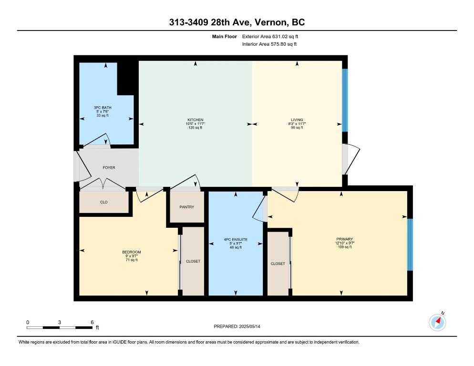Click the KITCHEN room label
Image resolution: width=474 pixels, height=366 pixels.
pyautogui.click(x=196, y=120)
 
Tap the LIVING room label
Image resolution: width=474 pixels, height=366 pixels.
pyautogui.click(x=297, y=120)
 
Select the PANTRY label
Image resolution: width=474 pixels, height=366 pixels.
pyautogui.click(x=186, y=207)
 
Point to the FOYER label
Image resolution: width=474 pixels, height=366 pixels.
pyautogui.click(x=109, y=168)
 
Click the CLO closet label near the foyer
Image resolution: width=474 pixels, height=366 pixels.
pyautogui.click(x=103, y=202)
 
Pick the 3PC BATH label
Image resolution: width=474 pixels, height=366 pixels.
pyautogui.click(x=103, y=108)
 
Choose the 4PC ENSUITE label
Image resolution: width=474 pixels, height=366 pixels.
pyautogui.click(x=236, y=240)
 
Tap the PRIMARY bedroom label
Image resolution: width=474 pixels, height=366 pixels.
pyautogui.click(x=345, y=239)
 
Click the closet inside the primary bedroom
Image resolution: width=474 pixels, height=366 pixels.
pyautogui.click(x=278, y=264)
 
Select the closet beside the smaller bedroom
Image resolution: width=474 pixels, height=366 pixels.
pyautogui.click(x=193, y=261)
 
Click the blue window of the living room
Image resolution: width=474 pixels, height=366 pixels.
pyautogui.click(x=345, y=101)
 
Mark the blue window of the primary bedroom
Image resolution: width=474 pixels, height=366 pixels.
pyautogui.click(x=410, y=245)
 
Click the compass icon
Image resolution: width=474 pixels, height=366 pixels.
pyautogui.click(x=437, y=322)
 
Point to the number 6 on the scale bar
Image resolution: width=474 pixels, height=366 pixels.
pyautogui.click(x=92, y=323)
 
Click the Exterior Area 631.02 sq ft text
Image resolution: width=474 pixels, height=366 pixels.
pyautogui.click(x=270, y=37)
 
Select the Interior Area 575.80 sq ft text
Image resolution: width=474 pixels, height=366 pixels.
pyautogui.click(x=269, y=44)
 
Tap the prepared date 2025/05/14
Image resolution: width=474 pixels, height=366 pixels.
pyautogui.click(x=249, y=326)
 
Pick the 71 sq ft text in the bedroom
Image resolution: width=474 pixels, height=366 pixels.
pyautogui.click(x=132, y=260)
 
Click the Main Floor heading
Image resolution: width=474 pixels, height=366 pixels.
pyautogui.click(x=224, y=37)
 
